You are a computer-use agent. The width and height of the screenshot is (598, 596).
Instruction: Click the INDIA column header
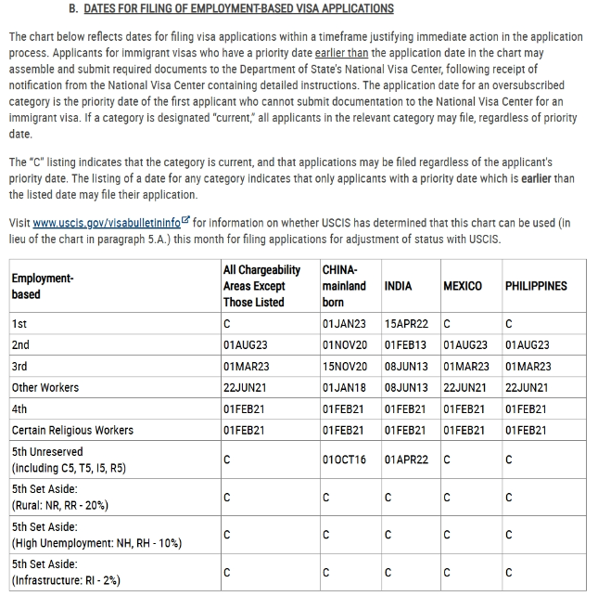[398, 286]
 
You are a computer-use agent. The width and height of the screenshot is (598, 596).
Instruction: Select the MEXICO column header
[462, 286]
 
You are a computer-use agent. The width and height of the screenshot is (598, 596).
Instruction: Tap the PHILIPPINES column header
[536, 286]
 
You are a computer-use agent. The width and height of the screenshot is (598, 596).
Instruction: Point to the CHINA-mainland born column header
[344, 286]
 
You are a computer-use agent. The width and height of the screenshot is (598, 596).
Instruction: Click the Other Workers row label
[45, 387]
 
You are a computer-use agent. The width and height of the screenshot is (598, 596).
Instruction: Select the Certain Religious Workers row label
[72, 430]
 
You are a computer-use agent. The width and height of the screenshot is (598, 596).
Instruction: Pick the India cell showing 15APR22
[406, 324]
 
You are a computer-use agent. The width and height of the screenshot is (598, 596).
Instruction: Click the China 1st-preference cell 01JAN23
[344, 324]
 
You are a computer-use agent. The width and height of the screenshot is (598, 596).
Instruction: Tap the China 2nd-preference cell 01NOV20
[344, 345]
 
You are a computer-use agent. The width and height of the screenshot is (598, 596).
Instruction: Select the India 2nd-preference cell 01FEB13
[406, 345]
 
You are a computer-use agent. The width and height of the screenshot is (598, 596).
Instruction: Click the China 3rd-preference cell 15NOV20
[344, 367]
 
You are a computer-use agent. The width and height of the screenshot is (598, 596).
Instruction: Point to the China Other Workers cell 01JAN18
[344, 387]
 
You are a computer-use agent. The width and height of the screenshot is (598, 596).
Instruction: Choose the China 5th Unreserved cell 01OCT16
[344, 460]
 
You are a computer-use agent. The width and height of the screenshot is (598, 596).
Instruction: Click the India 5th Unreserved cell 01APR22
[406, 460]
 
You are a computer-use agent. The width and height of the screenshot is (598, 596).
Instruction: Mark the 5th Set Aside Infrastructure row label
[66, 573]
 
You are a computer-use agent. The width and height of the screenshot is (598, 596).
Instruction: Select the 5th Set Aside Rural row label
[59, 497]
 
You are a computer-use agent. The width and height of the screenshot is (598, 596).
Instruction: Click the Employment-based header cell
[43, 286]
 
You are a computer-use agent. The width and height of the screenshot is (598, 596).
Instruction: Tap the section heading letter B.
[72, 8]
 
